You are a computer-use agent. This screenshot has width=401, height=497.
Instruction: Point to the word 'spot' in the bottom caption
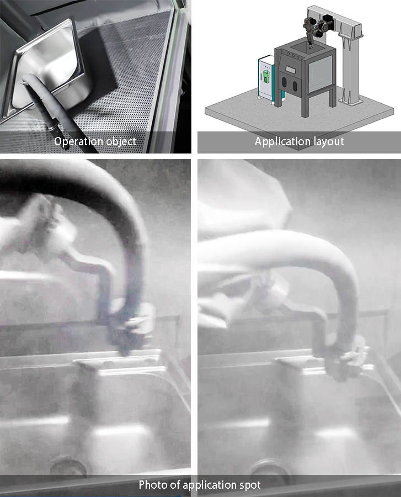249,485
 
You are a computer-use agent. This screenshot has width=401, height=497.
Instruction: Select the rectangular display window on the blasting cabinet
290,68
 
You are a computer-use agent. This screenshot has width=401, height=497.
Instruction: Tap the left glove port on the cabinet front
284,82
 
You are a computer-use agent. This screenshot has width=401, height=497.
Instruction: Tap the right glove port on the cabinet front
295,86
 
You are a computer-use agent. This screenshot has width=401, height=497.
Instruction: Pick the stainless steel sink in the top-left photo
49,68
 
